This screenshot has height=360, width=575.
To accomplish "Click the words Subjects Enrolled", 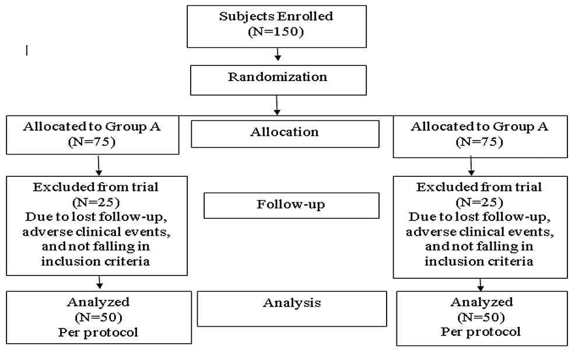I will (x=276, y=16).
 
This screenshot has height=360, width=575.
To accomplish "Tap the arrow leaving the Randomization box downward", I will (x=278, y=104).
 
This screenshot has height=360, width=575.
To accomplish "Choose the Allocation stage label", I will (x=285, y=132).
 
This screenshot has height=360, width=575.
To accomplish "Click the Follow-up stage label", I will (x=291, y=205).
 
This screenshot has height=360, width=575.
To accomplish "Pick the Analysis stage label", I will (x=292, y=303).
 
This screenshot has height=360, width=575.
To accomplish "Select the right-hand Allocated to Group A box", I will (x=481, y=136).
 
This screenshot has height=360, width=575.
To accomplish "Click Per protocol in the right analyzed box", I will (x=481, y=332).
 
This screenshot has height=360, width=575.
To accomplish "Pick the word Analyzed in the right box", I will (x=481, y=302).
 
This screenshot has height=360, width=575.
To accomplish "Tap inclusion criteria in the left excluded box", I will (x=96, y=261).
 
